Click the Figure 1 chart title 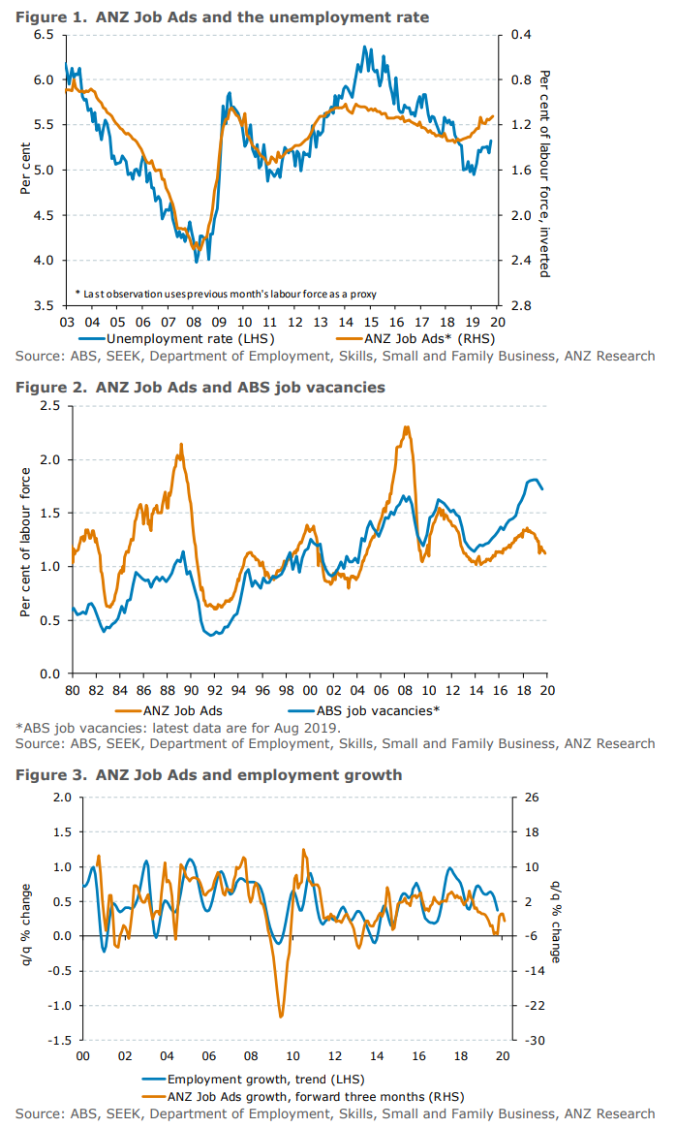pos(222,16)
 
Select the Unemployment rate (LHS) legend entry pos(189,339)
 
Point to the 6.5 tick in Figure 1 pos(43,35)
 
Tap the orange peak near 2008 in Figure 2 pos(407,427)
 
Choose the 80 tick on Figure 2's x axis pos(74,689)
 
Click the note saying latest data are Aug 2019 pos(177,727)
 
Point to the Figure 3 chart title pos(208,775)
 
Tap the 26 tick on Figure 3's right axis pos(533,798)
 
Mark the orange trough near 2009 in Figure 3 pos(281,1017)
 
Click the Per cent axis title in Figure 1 pos(25,171)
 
